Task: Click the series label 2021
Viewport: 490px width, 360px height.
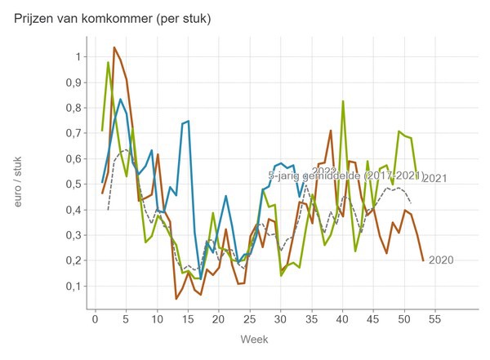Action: click(435, 179)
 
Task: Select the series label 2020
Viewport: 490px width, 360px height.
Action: click(440, 260)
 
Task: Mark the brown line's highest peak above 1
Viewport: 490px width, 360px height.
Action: click(114, 47)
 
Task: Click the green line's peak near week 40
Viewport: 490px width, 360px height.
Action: click(343, 101)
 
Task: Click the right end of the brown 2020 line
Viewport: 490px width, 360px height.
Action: click(423, 260)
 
